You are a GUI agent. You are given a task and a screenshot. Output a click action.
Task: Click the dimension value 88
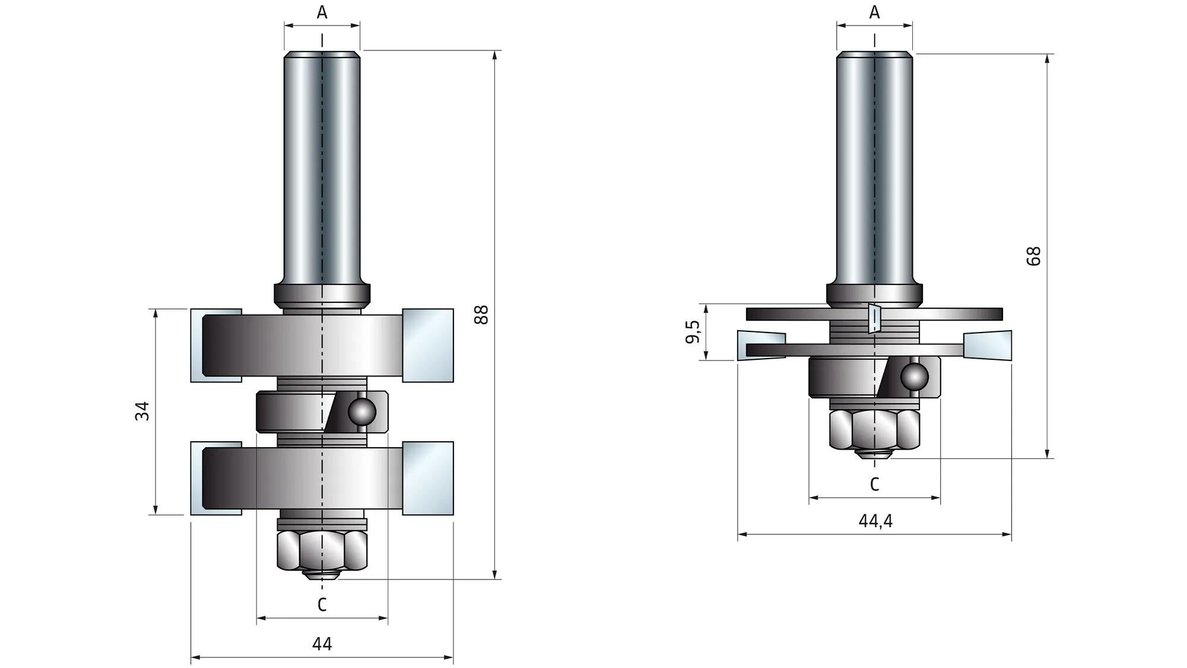(x=482, y=314)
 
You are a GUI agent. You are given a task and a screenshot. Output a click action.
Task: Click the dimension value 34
(x=142, y=411)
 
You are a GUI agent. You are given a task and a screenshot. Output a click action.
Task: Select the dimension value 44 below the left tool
(x=322, y=644)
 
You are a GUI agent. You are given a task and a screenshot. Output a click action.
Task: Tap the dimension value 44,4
(x=875, y=521)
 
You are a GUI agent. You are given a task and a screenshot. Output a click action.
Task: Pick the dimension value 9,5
(x=692, y=332)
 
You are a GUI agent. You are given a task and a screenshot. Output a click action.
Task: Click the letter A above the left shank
(x=322, y=12)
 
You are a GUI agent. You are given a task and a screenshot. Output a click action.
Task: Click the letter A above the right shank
(x=874, y=12)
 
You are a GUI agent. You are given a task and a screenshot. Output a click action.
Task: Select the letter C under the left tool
(x=322, y=604)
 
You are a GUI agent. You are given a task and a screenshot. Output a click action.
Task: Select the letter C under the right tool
(x=874, y=485)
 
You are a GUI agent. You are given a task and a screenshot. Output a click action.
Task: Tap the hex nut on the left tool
(x=322, y=550)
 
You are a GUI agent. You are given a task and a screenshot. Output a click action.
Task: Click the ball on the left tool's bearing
(x=361, y=411)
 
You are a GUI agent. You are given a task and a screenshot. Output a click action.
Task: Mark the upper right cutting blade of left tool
(x=428, y=345)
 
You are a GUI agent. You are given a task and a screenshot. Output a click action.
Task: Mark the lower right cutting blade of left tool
(x=428, y=478)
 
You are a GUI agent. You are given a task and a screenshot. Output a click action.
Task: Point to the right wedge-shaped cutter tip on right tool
(x=988, y=346)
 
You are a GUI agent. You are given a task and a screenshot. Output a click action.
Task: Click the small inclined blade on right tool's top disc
(x=874, y=318)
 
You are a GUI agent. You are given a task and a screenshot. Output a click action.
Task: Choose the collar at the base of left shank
(x=322, y=295)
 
